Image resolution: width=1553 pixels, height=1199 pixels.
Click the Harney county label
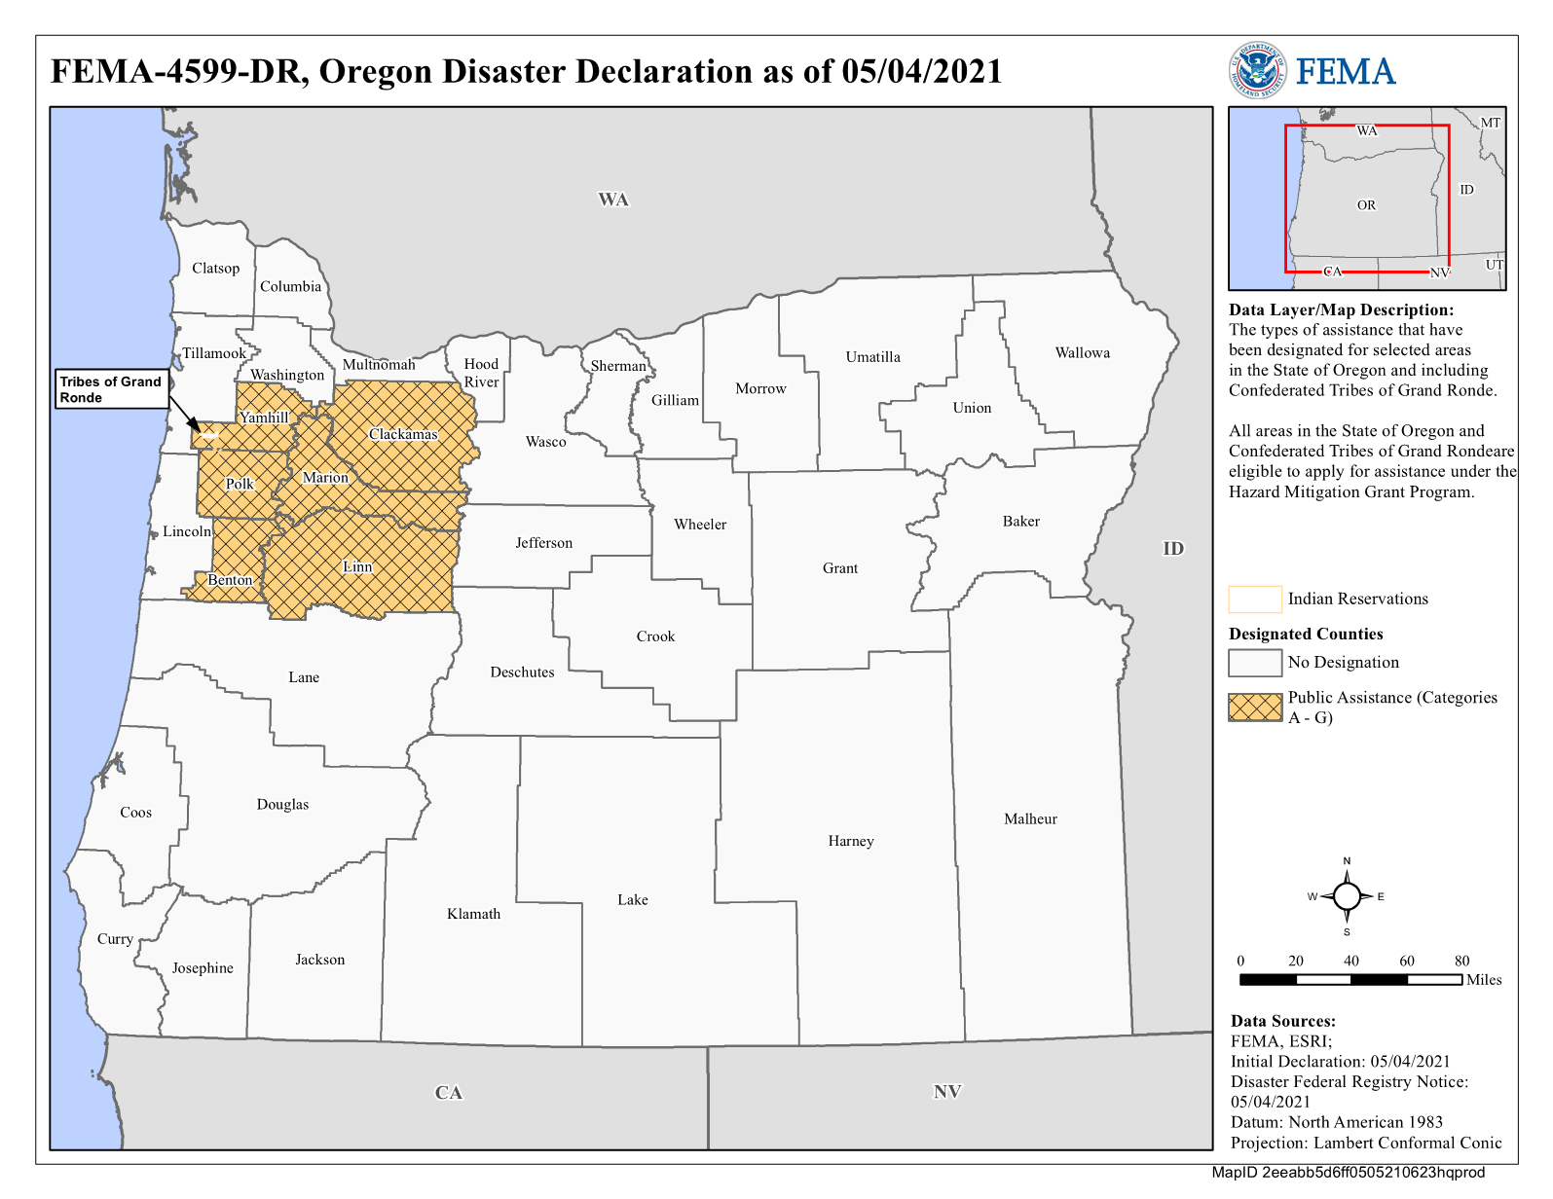click(x=851, y=841)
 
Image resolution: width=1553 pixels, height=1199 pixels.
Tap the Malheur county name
click(x=1030, y=818)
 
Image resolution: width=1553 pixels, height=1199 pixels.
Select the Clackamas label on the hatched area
click(x=403, y=434)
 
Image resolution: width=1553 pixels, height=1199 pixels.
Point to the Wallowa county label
click(x=1082, y=352)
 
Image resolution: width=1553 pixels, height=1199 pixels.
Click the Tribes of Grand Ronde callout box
click(x=111, y=389)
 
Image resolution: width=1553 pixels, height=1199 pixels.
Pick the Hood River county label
click(x=481, y=373)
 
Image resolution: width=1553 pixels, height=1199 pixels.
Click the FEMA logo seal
click(x=1256, y=70)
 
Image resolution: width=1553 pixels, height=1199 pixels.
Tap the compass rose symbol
click(x=1347, y=896)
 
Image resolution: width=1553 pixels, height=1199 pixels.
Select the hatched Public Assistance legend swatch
click(x=1255, y=707)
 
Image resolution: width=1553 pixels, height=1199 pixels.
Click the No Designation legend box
click(x=1255, y=663)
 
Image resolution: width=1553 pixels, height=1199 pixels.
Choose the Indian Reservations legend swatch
click(x=1255, y=599)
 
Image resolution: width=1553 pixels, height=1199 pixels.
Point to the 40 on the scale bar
click(x=1351, y=961)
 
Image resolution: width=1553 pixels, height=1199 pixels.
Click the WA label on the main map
click(x=613, y=200)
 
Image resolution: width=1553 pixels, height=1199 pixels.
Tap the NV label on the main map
click(x=947, y=1091)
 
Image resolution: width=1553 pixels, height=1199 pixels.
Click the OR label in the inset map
click(x=1366, y=205)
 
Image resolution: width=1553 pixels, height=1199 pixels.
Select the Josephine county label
click(x=203, y=967)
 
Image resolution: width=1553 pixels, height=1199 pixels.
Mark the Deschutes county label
click(x=522, y=672)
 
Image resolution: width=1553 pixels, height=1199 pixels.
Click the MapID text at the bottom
click(x=1348, y=1172)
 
